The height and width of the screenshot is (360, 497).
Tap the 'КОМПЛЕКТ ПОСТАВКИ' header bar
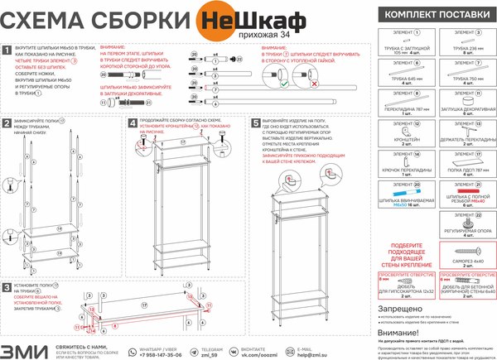tap(431, 14)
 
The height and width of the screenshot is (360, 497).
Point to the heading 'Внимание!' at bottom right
tap(395, 331)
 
